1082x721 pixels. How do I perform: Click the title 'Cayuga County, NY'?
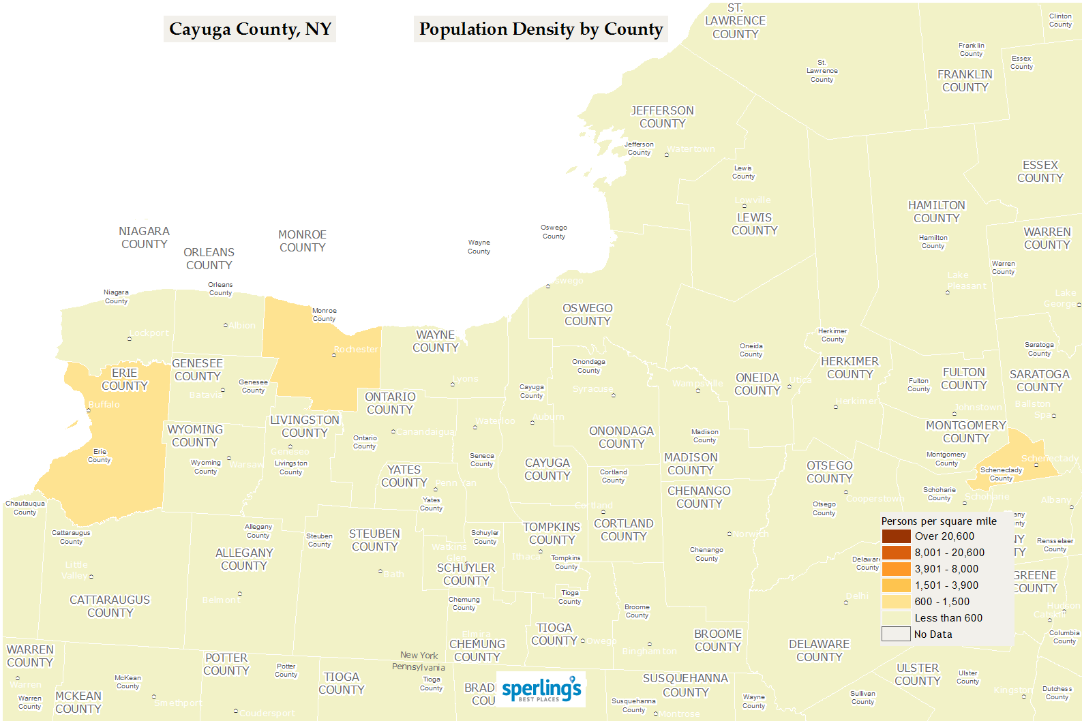tap(250, 29)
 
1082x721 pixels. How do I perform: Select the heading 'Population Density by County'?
tap(541, 29)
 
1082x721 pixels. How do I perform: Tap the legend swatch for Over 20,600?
tap(896, 536)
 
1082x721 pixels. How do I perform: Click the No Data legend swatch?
tap(896, 634)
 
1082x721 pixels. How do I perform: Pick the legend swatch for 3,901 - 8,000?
tap(896, 569)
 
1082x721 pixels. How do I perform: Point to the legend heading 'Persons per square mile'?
tap(939, 521)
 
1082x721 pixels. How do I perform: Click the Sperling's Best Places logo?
tap(542, 689)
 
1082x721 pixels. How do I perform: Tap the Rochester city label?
tap(356, 350)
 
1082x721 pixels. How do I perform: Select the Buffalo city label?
tap(104, 405)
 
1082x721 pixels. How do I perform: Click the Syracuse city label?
tap(592, 389)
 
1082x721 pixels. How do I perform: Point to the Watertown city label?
tap(691, 149)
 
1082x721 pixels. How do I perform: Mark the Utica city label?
tap(800, 380)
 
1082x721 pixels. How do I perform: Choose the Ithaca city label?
tap(526, 557)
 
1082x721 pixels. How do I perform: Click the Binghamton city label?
tap(649, 651)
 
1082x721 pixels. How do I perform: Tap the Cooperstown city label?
tap(875, 499)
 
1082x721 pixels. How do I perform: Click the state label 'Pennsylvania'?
tap(418, 667)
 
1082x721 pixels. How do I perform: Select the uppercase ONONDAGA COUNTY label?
tap(621, 438)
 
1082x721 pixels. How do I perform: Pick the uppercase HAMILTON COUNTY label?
tap(936, 212)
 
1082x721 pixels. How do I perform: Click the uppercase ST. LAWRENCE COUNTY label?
tap(735, 21)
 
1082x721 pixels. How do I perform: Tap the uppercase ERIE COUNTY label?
tap(124, 380)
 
